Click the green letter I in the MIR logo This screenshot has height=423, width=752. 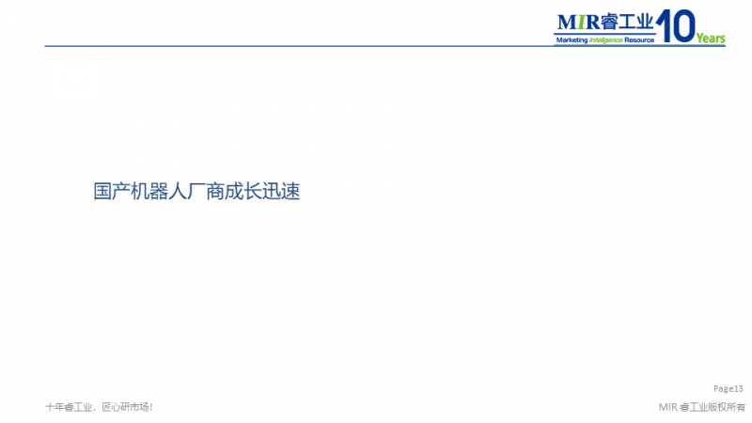(x=581, y=22)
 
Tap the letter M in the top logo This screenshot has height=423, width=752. (x=567, y=22)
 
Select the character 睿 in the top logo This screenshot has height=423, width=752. (x=608, y=22)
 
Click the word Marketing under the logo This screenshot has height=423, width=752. (x=572, y=40)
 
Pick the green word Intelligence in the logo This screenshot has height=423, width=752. (x=605, y=40)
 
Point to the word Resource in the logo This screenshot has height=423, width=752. (x=639, y=40)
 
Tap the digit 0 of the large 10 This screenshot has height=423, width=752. (x=683, y=26)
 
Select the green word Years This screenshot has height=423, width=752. (x=711, y=39)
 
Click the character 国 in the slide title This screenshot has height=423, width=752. (x=102, y=192)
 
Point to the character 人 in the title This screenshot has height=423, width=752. (x=178, y=192)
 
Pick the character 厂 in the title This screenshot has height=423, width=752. (x=196, y=192)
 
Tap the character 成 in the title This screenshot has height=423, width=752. (x=234, y=192)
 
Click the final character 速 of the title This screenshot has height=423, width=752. (x=290, y=192)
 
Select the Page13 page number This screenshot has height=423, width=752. (x=728, y=388)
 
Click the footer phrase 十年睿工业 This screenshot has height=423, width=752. (x=69, y=407)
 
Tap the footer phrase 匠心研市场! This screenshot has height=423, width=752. (x=127, y=407)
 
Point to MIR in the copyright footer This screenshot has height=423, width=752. (x=667, y=407)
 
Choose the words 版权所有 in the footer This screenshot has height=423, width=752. (x=727, y=407)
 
